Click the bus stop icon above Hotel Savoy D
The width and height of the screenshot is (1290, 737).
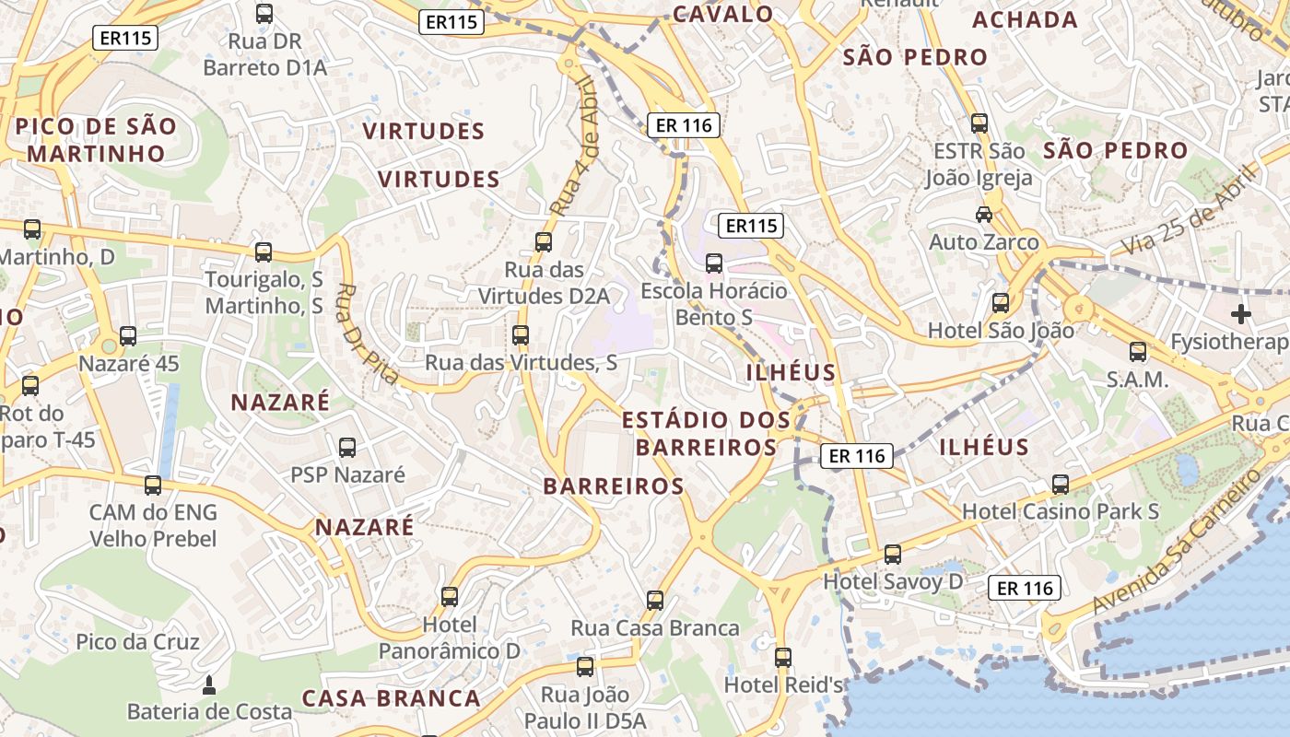[x=892, y=554]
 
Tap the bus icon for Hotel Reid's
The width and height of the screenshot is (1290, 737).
[x=782, y=657]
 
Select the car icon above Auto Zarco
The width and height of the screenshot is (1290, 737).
[x=983, y=214]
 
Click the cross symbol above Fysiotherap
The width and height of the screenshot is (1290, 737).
[x=1241, y=314]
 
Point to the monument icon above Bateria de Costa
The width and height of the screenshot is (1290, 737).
[x=209, y=684]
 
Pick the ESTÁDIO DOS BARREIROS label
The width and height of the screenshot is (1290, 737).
[x=706, y=434]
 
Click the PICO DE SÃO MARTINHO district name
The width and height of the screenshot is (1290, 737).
[x=95, y=140]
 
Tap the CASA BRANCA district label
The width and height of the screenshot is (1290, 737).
[x=392, y=697]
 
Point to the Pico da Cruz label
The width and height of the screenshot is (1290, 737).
[x=137, y=641]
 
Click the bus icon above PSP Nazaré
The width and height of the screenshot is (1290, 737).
[x=346, y=448]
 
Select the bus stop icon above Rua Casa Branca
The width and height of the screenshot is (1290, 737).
[x=654, y=601]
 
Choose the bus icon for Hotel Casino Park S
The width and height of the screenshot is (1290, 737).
[x=1060, y=484]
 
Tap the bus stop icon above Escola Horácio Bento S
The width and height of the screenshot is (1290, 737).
[x=713, y=263]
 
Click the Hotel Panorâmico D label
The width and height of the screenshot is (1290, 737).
[x=449, y=638]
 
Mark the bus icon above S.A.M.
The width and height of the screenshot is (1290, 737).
[x=1137, y=351]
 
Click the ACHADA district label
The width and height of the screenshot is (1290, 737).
[x=1025, y=19]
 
